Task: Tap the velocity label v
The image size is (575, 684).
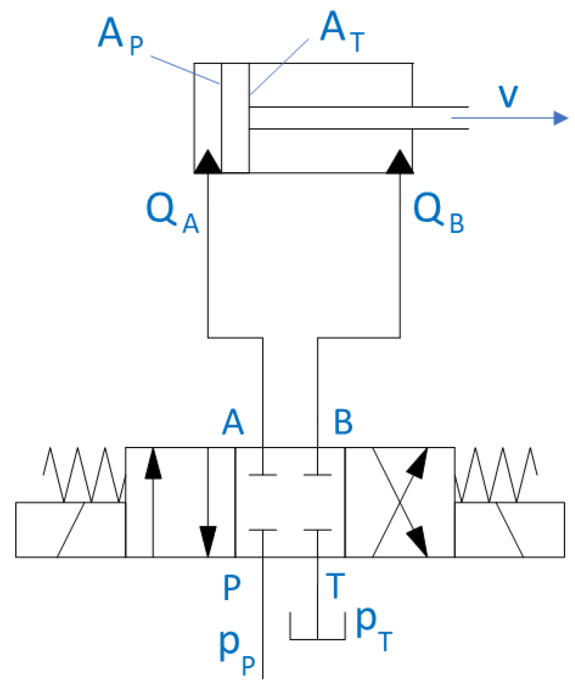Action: point(508,96)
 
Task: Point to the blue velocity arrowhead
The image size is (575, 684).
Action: point(561,118)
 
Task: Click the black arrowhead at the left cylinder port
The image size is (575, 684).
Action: point(208,161)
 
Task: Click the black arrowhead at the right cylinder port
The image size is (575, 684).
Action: point(400,161)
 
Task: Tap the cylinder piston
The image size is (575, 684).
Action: point(235,118)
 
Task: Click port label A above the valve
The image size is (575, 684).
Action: point(233,422)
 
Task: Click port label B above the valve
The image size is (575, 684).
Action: point(343,422)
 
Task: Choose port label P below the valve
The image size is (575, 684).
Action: point(232,587)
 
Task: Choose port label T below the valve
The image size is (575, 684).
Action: point(335,586)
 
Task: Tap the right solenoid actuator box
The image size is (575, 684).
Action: point(509,529)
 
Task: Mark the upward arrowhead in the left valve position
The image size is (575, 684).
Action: point(153,464)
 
